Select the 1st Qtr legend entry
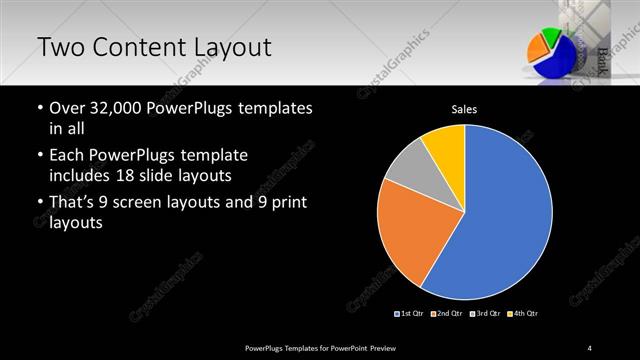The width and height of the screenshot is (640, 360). pyautogui.click(x=410, y=313)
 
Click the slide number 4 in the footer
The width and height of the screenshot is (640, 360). pyautogui.click(x=590, y=347)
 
